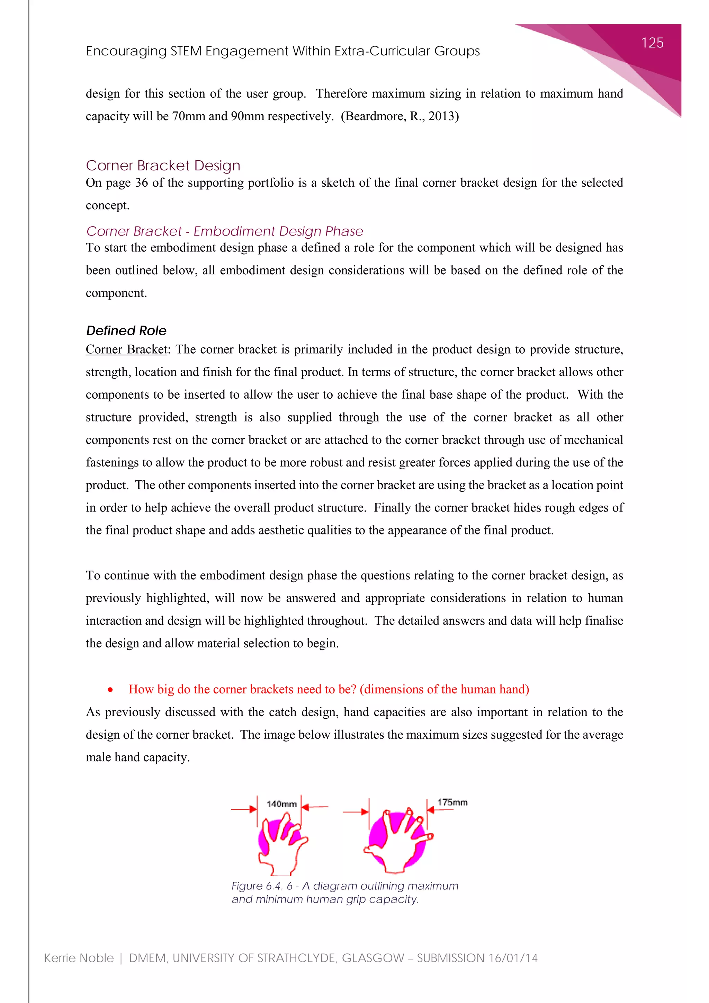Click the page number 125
coord(652,43)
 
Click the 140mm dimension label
coord(281,804)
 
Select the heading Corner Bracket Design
coord(163,166)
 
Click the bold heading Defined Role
coord(126,331)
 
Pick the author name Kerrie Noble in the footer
coord(79,958)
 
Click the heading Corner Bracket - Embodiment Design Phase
coord(224,231)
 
